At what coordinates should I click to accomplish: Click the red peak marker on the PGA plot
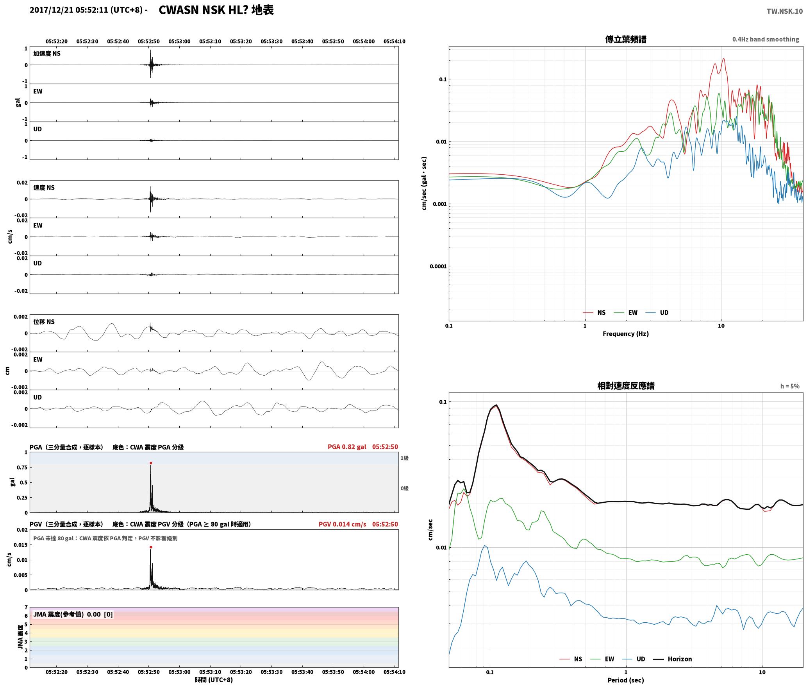click(151, 463)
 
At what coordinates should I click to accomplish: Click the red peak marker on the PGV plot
click(151, 547)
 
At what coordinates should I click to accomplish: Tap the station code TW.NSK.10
click(784, 11)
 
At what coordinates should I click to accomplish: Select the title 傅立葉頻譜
click(625, 39)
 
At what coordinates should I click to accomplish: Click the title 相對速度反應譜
click(625, 386)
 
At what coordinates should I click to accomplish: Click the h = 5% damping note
click(790, 386)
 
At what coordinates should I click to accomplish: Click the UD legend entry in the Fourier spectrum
click(657, 312)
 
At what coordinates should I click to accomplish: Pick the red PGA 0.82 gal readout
click(347, 447)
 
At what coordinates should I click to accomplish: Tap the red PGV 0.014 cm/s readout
click(343, 524)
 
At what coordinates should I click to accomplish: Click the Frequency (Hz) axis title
click(625, 333)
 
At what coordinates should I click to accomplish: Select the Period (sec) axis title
click(625, 680)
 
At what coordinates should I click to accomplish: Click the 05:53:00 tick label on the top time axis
click(179, 41)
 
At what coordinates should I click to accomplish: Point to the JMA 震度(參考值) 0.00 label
click(73, 614)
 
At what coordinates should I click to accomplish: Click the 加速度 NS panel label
click(47, 54)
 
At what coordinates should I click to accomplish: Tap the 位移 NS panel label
click(44, 322)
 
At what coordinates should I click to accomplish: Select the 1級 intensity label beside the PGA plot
click(404, 458)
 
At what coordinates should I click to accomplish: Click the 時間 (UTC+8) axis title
click(214, 680)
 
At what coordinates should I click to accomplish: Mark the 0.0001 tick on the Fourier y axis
click(438, 266)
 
